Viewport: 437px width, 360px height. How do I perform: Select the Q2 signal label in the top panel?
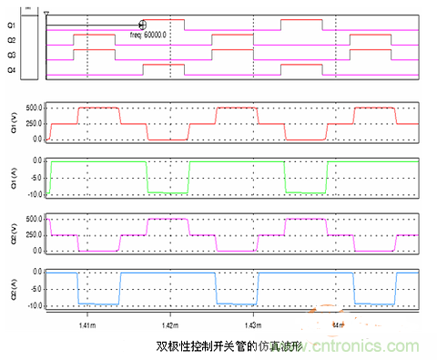pos(10,40)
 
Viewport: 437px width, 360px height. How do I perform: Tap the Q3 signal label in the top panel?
pos(10,55)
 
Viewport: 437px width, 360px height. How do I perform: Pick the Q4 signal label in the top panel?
pos(10,68)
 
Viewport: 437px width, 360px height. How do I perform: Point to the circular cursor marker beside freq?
pos(142,26)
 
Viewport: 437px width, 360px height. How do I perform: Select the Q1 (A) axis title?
pos(10,176)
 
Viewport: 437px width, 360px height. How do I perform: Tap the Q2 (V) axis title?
pos(10,234)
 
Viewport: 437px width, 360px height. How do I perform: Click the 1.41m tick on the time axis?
pos(88,323)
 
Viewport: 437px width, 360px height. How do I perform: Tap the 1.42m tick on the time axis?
pos(171,323)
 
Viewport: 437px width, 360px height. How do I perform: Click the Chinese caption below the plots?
pos(218,347)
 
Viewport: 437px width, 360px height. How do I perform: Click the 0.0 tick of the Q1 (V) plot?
pos(36,139)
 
